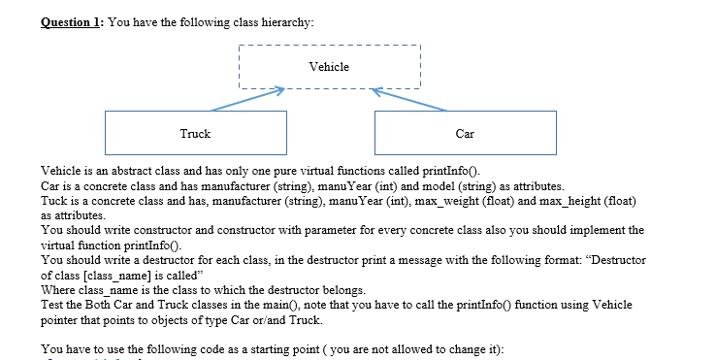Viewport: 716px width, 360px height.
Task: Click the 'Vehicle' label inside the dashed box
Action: (x=328, y=67)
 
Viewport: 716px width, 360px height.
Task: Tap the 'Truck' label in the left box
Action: (x=195, y=133)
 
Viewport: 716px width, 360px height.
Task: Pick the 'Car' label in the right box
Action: (x=464, y=133)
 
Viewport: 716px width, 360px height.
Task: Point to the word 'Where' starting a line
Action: (x=57, y=290)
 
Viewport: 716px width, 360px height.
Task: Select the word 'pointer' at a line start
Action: (x=61, y=320)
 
